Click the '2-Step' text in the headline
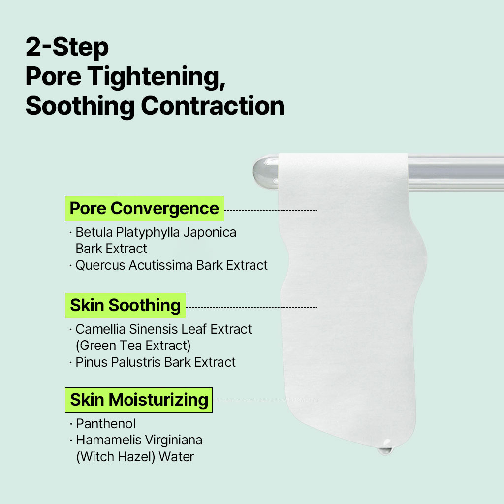pyautogui.click(x=67, y=47)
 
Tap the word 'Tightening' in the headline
pyautogui.click(x=156, y=77)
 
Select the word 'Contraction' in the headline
pyautogui.click(x=213, y=106)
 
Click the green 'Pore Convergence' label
pyautogui.click(x=145, y=209)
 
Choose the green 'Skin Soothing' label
pyautogui.click(x=126, y=305)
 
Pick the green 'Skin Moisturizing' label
pyautogui.click(x=139, y=400)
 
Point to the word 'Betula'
pyautogui.click(x=94, y=232)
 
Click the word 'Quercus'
pyautogui.click(x=100, y=265)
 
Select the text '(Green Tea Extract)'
pyautogui.click(x=133, y=346)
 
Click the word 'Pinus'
pyautogui.click(x=92, y=362)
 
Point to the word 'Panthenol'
pyautogui.click(x=106, y=424)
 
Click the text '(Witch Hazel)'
pyautogui.click(x=116, y=457)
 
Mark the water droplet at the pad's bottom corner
pyautogui.click(x=385, y=447)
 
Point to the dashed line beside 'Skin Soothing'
pyautogui.click(x=252, y=307)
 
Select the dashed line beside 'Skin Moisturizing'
pyautogui.click(x=265, y=401)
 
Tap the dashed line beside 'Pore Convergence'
pyautogui.click(x=271, y=211)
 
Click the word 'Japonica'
pyautogui.click(x=210, y=233)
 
